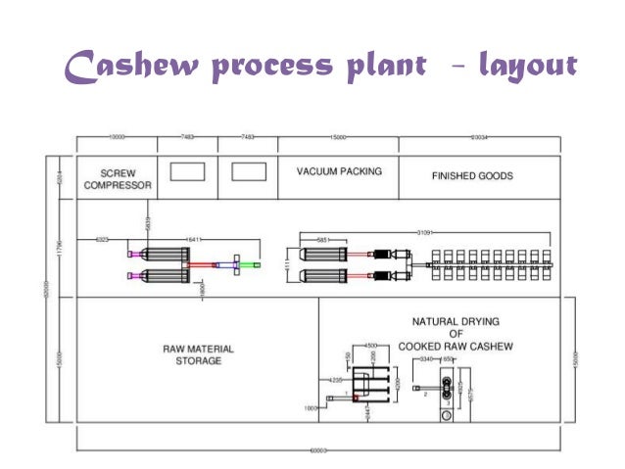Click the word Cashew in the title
coord(130,66)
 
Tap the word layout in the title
coord(526,67)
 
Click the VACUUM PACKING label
coord(339,171)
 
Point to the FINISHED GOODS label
coord(472,177)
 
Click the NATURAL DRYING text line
coord(457,321)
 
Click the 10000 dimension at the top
coord(119,138)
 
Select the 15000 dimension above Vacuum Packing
coord(338,138)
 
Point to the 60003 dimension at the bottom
coord(315,451)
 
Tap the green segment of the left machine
coord(258,265)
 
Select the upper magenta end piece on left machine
coord(130,255)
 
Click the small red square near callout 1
coord(357,396)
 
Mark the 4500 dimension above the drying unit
coord(372,346)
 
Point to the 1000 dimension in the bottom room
coord(312,406)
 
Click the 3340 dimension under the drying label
coord(427,360)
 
